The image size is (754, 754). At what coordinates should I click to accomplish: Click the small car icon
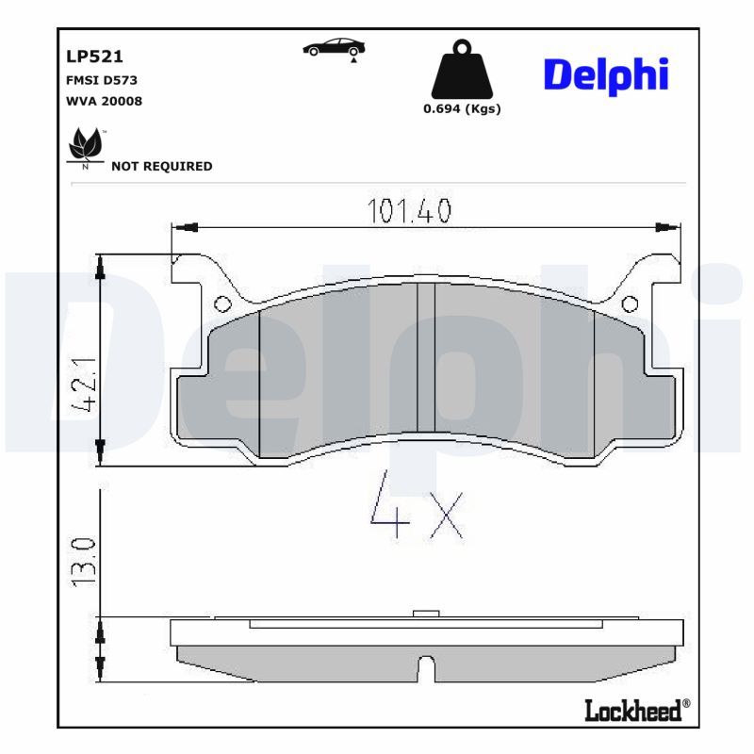coord(335,48)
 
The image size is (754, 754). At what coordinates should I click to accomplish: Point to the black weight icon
coord(461,70)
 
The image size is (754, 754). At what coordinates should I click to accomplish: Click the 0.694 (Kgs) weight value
coord(461,108)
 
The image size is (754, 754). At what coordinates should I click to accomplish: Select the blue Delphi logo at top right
coord(606,75)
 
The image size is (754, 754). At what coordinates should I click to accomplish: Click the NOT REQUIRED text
coord(161,166)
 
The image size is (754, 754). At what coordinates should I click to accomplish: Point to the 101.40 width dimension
coord(409,210)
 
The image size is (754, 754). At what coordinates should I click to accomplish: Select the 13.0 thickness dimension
coord(85,561)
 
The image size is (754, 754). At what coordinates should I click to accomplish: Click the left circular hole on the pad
coord(222,304)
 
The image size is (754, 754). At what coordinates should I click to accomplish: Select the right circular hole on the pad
coord(630,304)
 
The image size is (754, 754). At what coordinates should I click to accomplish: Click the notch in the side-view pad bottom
coord(425,668)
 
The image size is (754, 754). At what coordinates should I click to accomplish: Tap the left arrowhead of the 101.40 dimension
coord(185,226)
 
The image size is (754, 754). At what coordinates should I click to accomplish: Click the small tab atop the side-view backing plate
coord(427,614)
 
